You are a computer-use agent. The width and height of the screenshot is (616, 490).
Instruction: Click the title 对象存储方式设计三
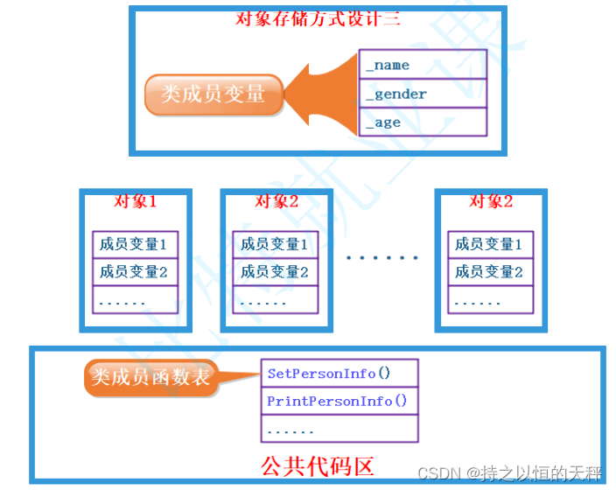(318, 18)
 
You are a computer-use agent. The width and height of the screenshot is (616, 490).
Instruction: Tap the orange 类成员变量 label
(213, 94)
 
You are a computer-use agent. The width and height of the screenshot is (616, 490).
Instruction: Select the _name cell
(423, 65)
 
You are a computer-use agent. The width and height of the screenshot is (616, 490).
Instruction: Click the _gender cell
(423, 94)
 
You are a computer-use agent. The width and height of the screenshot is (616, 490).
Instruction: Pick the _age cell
(423, 122)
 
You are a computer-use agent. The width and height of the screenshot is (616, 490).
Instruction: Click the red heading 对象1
(136, 202)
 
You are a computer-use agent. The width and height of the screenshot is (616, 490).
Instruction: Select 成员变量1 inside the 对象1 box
(135, 244)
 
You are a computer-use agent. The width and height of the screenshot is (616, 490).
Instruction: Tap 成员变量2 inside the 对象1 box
(135, 272)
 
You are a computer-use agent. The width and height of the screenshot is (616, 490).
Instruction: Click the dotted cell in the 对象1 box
(135, 300)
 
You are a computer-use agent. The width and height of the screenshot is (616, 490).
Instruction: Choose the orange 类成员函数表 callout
(150, 377)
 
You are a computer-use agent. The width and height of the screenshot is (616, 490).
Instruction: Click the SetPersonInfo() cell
(339, 374)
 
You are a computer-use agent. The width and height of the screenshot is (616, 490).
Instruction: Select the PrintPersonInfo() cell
(339, 402)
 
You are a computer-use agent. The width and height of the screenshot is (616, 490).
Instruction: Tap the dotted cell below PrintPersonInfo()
(339, 430)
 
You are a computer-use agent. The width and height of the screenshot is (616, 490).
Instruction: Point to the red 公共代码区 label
(317, 465)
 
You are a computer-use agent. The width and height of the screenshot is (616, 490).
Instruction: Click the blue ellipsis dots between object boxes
(381, 258)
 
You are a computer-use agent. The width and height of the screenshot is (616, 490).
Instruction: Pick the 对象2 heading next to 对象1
(276, 202)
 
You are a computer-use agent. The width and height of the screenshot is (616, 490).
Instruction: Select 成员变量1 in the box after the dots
(490, 244)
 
